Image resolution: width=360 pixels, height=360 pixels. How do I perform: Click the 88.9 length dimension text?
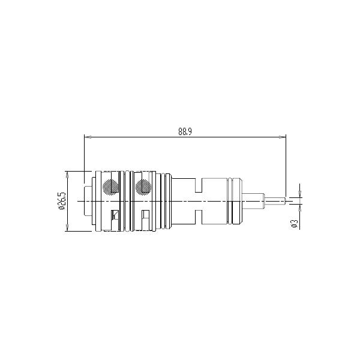point(185,132)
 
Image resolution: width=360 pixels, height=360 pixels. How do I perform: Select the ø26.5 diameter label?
point(62,200)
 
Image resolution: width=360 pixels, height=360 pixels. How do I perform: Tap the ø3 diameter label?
point(294,223)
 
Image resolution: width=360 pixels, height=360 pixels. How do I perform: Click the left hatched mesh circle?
point(110,187)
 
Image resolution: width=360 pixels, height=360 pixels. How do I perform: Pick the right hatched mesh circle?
point(143,187)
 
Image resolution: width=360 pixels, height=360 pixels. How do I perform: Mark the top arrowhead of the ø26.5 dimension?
point(68,175)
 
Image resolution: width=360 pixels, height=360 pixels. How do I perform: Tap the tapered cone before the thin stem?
point(247,200)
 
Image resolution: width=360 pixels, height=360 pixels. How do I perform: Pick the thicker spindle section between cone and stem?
point(258,200)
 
